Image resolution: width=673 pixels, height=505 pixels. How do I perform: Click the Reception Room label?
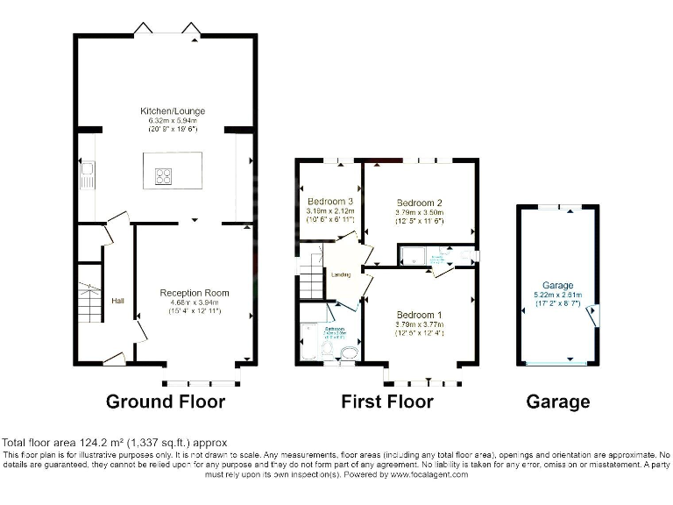click(x=194, y=293)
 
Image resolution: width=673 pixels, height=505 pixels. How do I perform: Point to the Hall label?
click(x=117, y=301)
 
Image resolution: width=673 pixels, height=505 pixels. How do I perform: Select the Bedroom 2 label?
click(x=420, y=202)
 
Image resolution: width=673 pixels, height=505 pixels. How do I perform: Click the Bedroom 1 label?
click(x=420, y=315)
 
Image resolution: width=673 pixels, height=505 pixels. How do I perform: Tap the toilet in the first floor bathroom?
click(x=347, y=353)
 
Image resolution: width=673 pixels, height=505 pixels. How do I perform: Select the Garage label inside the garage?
click(x=557, y=286)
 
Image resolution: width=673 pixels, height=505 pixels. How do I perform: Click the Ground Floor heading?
click(x=166, y=402)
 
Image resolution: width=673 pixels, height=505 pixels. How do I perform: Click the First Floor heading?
click(x=387, y=402)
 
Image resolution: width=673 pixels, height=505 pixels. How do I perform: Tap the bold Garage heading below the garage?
click(x=557, y=402)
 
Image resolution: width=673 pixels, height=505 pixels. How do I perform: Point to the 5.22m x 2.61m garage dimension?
click(x=557, y=295)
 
